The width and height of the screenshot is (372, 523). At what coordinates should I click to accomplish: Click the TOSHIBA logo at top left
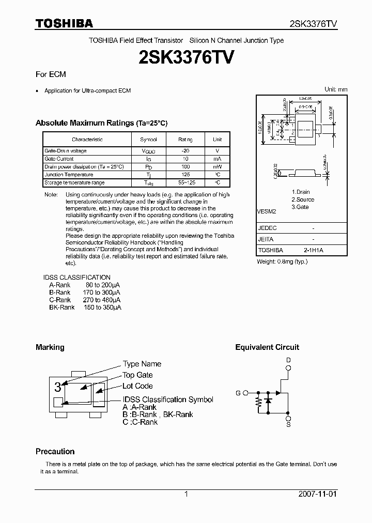click(64, 24)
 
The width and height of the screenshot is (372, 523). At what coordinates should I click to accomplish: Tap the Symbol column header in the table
click(148, 140)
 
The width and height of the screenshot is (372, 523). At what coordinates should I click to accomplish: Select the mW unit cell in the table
click(218, 167)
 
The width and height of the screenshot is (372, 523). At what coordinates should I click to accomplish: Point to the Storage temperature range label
click(74, 183)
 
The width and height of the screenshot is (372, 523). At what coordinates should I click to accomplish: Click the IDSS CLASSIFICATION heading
click(77, 278)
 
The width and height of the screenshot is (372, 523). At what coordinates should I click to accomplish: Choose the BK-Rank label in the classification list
click(61, 307)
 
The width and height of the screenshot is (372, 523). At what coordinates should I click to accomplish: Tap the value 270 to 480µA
click(102, 300)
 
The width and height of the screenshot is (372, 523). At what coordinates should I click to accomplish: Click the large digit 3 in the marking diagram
click(58, 386)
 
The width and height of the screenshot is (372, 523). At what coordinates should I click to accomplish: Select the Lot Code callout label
click(137, 386)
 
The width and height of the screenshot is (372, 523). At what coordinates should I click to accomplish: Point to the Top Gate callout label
click(137, 375)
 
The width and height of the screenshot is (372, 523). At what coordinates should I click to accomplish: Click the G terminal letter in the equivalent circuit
click(238, 393)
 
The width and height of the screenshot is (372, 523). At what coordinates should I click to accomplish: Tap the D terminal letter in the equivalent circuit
click(289, 360)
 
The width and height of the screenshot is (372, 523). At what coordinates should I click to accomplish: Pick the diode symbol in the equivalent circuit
click(268, 401)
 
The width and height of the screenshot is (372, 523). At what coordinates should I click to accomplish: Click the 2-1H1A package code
click(314, 250)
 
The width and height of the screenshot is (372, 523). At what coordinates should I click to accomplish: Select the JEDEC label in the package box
click(268, 228)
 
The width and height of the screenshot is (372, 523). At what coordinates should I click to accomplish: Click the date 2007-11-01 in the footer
click(317, 494)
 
